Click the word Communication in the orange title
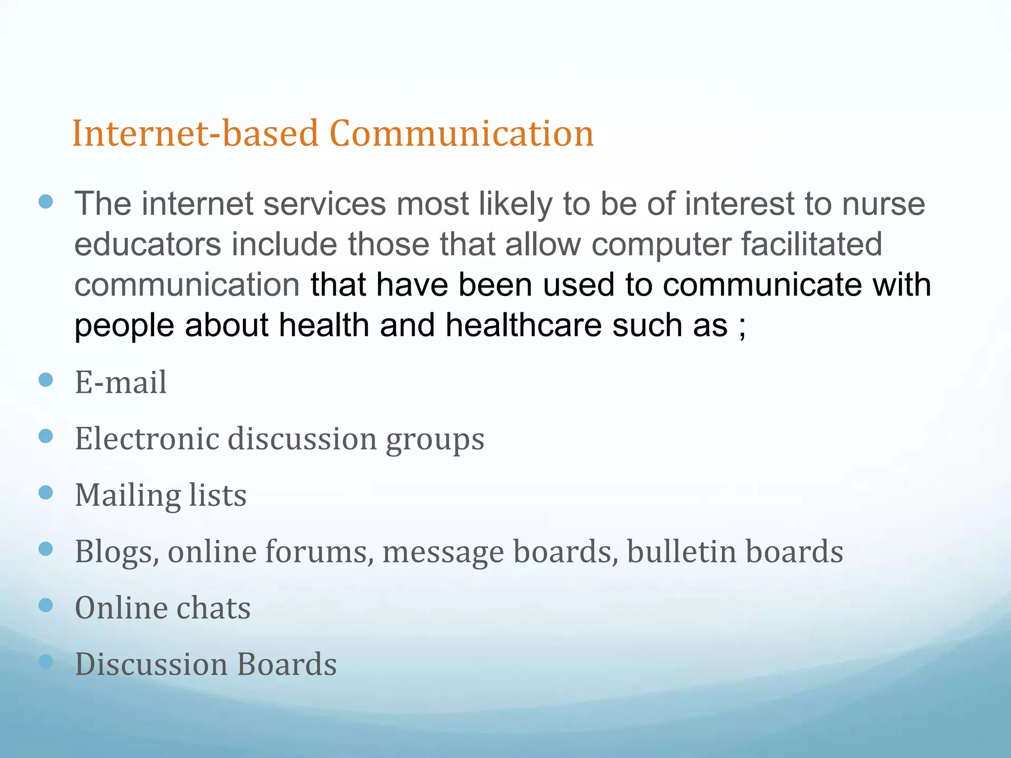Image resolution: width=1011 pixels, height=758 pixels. pos(461,134)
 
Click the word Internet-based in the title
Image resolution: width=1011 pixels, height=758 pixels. pos(195,134)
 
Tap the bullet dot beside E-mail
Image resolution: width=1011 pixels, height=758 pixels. pos(45,379)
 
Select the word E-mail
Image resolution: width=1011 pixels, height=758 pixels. pos(121,382)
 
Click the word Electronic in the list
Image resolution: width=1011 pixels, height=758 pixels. pos(147,439)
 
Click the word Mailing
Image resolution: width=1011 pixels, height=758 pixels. pos(127,496)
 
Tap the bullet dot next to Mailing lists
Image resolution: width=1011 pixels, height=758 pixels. pos(45,492)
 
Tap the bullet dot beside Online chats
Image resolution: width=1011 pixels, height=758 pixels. pos(45,605)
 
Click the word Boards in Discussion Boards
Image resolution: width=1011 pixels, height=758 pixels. pos(287,664)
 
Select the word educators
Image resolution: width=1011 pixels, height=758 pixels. pos(148,244)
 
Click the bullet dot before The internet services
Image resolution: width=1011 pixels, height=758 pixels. pos(45,201)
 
